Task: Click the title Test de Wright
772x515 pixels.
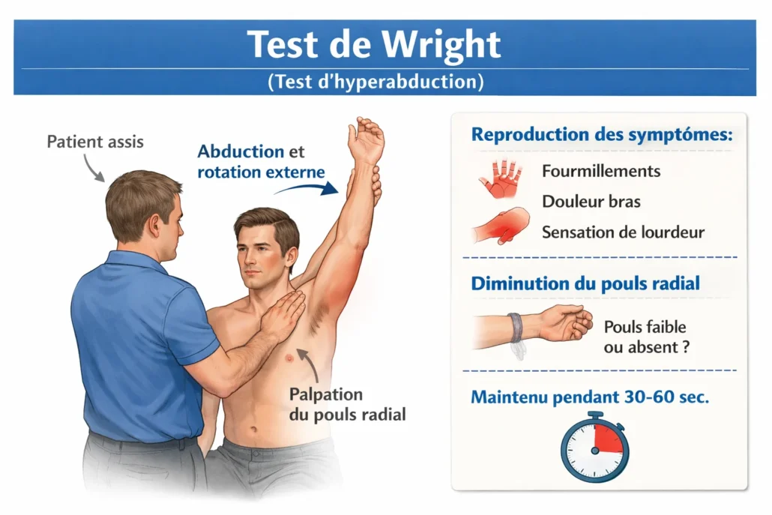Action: coord(374,44)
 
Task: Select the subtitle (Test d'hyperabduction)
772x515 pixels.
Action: coord(376,81)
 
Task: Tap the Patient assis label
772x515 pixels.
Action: coord(95,142)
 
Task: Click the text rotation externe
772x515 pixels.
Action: coord(261,172)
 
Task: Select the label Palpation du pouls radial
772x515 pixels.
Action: coord(347,404)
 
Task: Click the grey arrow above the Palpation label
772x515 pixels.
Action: coord(309,364)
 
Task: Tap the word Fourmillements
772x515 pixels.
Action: coord(601,172)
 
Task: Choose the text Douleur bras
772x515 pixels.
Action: coord(591,202)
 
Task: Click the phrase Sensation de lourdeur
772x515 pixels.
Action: coord(623,232)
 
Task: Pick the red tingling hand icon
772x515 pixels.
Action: coord(500,178)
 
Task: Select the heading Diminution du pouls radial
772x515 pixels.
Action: coord(585,283)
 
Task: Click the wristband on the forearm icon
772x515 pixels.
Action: coord(514,329)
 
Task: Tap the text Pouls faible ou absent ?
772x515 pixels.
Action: coord(646,337)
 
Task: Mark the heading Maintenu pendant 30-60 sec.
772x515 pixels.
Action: coord(590,397)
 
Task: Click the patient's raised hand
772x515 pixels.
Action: coord(365,139)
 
